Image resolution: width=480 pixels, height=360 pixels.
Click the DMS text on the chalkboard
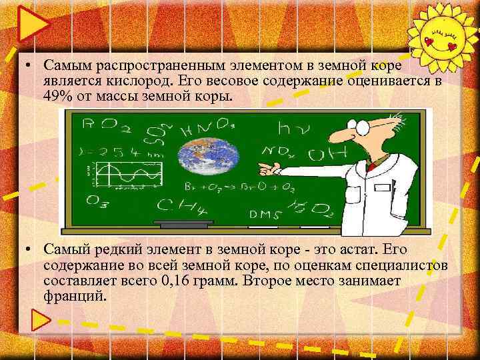[263, 214]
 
